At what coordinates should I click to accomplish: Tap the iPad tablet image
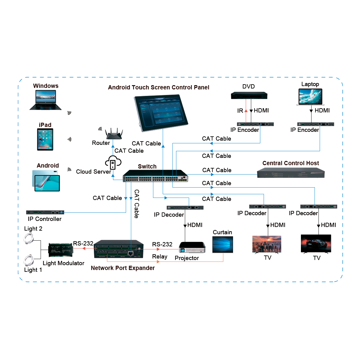(45, 139)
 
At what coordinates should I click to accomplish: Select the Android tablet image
(46, 181)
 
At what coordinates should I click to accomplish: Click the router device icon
(114, 134)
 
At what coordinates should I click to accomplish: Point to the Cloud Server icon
(113, 163)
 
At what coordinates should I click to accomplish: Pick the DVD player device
(249, 95)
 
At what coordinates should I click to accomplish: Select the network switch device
(155, 176)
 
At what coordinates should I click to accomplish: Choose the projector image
(192, 247)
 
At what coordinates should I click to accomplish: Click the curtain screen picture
(223, 244)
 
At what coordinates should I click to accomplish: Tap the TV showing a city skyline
(267, 244)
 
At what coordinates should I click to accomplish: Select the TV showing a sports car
(316, 243)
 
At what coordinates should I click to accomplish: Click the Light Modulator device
(61, 250)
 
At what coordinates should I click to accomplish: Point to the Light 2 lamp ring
(29, 238)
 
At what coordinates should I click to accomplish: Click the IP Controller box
(45, 212)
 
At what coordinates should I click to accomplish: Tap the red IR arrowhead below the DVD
(246, 111)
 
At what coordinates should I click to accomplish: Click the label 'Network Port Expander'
(123, 268)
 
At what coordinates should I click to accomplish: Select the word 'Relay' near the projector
(160, 257)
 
